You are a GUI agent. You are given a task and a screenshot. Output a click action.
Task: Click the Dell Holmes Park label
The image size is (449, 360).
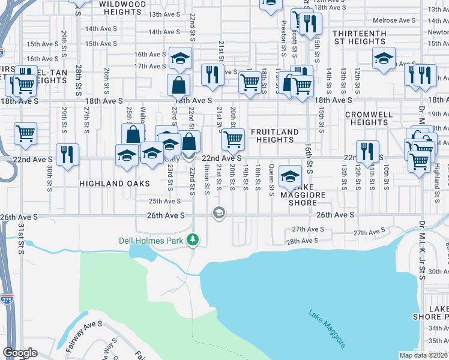pos(152,241)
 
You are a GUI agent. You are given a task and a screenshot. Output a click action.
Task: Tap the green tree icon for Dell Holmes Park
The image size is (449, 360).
pos(193,241)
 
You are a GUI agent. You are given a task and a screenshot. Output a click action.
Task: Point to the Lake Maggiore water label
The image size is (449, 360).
pos(328,329)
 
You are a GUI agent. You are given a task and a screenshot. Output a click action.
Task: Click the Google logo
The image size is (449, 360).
pos(20,352)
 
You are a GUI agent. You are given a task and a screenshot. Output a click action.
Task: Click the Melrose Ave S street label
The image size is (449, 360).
pos(393,20)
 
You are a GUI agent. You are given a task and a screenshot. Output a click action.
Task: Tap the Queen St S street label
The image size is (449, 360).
pos(271,180)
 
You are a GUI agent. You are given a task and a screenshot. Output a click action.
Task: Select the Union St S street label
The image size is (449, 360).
pos(206,180)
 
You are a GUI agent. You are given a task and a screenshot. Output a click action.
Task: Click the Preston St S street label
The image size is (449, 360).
pos(283,37)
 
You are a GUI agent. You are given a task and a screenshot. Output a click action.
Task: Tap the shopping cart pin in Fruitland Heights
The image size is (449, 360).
pos(233,140)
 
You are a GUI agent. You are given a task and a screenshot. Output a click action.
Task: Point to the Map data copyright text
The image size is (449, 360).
pos(424,355)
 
